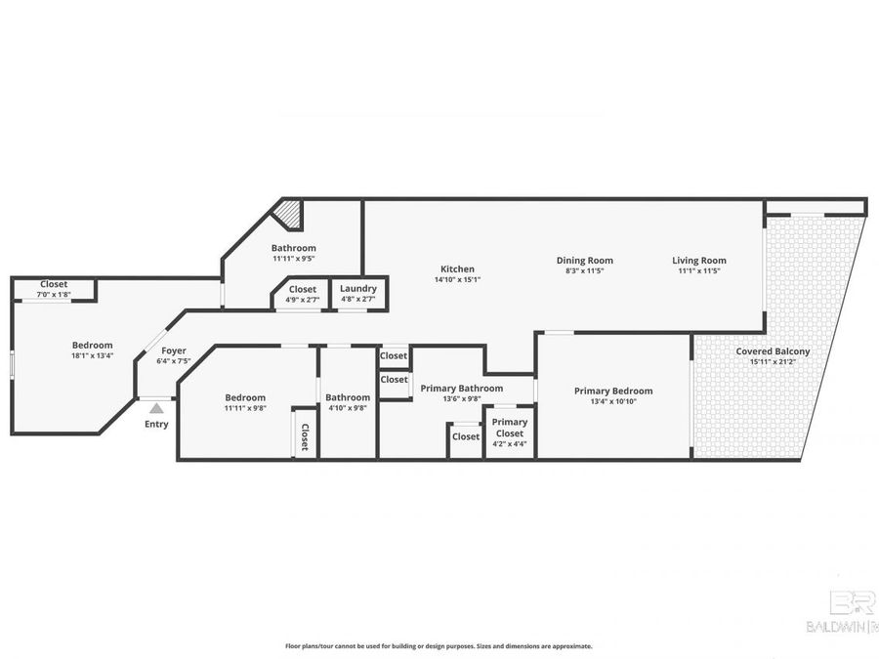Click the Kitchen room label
click(x=457, y=268)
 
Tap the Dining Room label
click(x=585, y=260)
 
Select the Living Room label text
click(x=699, y=260)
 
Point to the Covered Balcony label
click(x=779, y=351)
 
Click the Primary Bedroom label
click(x=613, y=391)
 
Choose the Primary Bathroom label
click(x=461, y=388)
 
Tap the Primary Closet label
click(x=510, y=428)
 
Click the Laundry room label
click(x=358, y=289)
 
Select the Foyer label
click(x=174, y=350)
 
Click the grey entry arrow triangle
click(x=156, y=408)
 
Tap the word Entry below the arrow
click(x=156, y=424)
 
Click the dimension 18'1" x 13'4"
click(x=92, y=355)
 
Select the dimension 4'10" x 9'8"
click(x=348, y=408)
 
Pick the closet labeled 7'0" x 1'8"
click(x=54, y=289)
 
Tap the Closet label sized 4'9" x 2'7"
click(x=303, y=294)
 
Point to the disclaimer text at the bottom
click(x=439, y=646)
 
